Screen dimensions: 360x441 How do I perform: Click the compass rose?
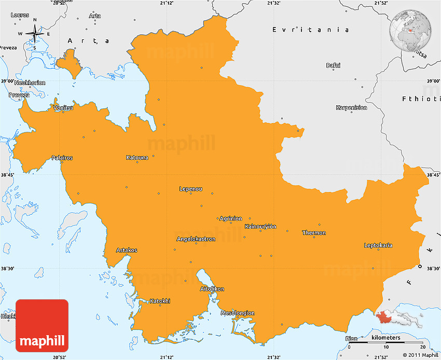tap(35, 34)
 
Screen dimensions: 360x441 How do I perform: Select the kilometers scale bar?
tap(386, 343)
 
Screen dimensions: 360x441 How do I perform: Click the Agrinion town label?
tap(231, 218)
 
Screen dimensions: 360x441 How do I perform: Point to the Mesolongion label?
tap(238, 313)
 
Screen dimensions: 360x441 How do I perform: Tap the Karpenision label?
tap(351, 108)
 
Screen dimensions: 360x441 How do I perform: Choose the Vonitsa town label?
tap(63, 108)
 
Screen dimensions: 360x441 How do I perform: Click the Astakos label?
tap(127, 250)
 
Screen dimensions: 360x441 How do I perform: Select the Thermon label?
tap(314, 233)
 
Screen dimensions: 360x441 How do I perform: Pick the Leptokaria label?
tap(378, 245)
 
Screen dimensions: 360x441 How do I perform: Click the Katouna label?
tap(137, 158)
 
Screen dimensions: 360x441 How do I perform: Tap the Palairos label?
tap(62, 158)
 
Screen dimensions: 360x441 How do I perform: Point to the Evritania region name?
tap(311, 30)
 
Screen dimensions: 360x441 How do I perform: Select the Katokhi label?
tap(160, 301)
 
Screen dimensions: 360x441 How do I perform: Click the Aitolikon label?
tap(212, 288)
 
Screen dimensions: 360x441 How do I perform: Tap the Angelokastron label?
tap(196, 239)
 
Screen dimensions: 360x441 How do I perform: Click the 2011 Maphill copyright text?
tap(414, 355)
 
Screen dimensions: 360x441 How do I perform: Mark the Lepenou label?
tap(190, 189)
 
